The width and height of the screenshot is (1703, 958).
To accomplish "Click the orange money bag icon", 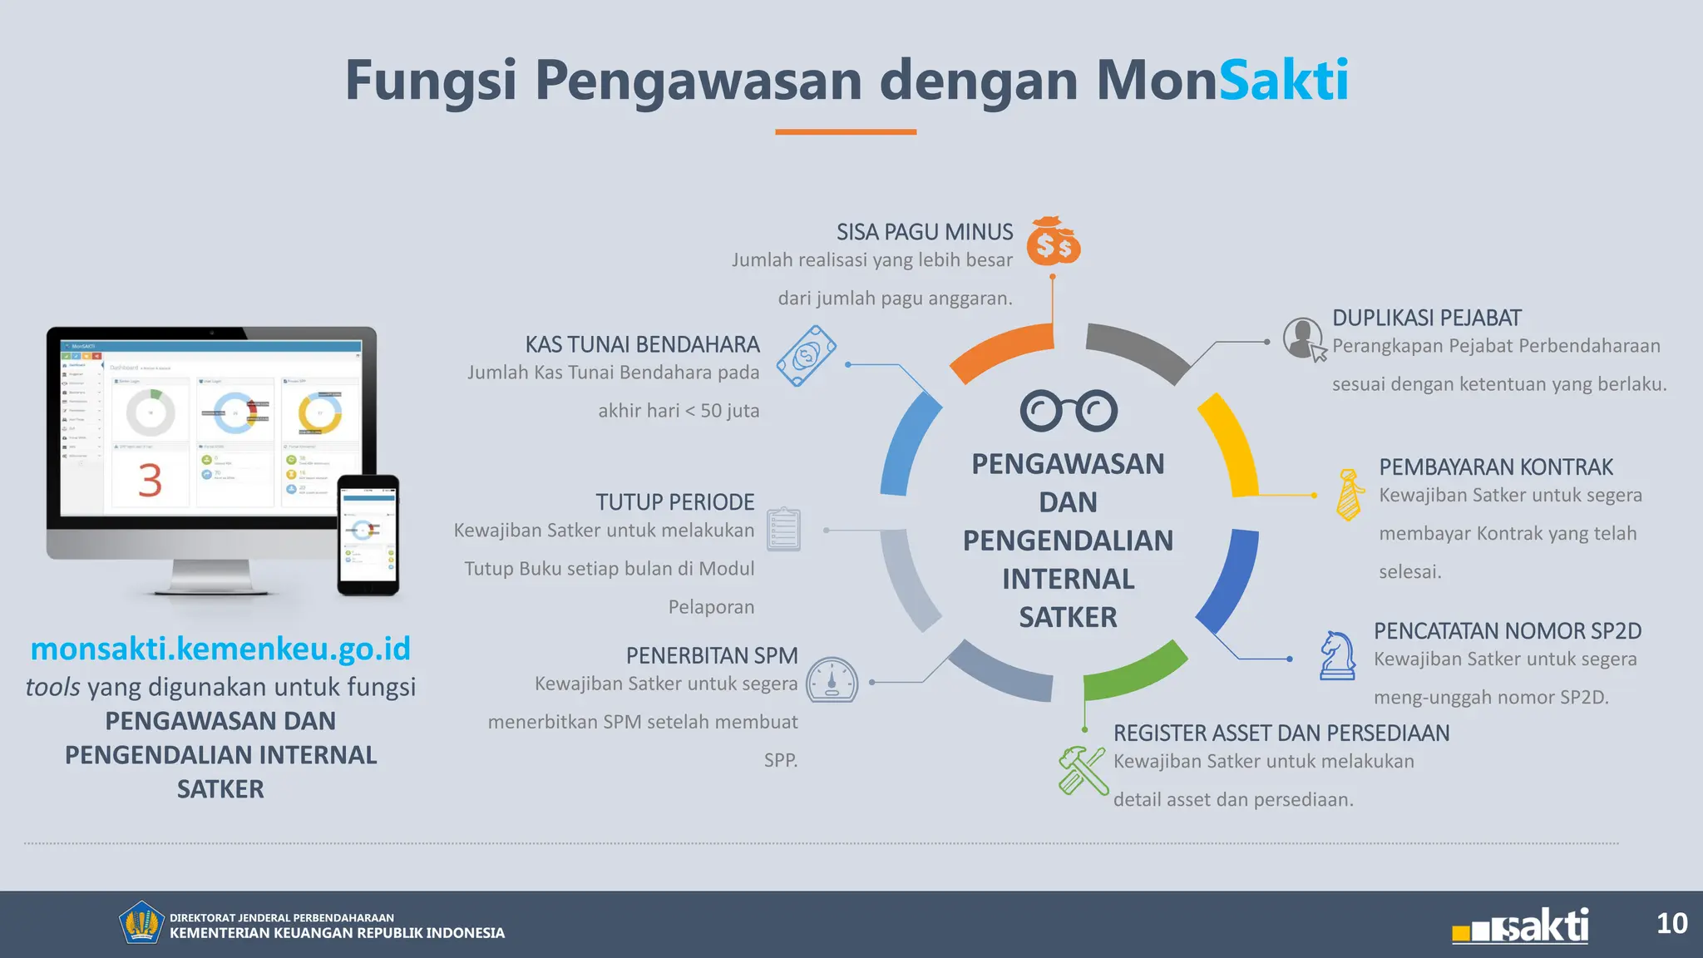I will pyautogui.click(x=1053, y=242).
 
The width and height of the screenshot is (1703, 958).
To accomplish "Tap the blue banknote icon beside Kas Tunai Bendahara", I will pyautogui.click(x=806, y=356).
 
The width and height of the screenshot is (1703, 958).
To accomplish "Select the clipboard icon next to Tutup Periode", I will pyautogui.click(x=783, y=529).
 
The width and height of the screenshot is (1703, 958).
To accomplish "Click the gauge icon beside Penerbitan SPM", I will pyautogui.click(x=832, y=681).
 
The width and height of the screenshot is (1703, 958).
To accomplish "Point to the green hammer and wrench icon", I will pyautogui.click(x=1083, y=770).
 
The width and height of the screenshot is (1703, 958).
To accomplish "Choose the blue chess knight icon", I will pyautogui.click(x=1337, y=655).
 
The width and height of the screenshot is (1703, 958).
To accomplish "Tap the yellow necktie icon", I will pyautogui.click(x=1349, y=495).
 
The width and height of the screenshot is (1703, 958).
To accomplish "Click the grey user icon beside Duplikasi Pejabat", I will pyautogui.click(x=1303, y=338).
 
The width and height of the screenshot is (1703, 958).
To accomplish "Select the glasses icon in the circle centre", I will pyautogui.click(x=1069, y=410).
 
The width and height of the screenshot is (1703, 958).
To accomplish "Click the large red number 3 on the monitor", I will pyautogui.click(x=150, y=481).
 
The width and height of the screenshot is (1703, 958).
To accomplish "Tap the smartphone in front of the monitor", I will pyautogui.click(x=368, y=536).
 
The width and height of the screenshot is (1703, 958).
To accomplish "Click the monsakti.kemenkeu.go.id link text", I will pyautogui.click(x=220, y=649).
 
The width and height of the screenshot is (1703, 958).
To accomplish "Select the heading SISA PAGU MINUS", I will pyautogui.click(x=924, y=232).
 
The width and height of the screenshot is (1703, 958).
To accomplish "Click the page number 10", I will pyautogui.click(x=1671, y=923).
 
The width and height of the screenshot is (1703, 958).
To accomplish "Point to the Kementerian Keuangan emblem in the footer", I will pyautogui.click(x=141, y=923).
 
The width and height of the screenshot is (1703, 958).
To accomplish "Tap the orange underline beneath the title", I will pyautogui.click(x=846, y=131).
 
